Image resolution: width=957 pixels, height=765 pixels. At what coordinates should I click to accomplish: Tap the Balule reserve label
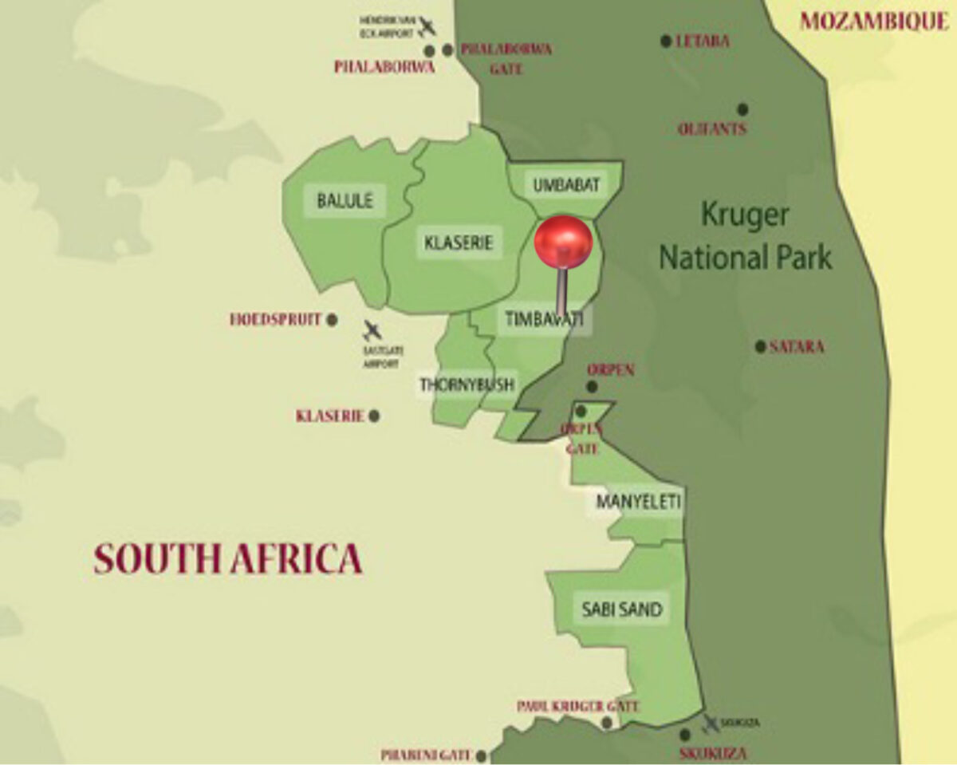[x=345, y=201]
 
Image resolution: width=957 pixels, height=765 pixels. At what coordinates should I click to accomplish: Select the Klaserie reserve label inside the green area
[x=459, y=243]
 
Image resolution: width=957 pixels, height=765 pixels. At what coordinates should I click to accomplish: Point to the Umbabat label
[x=565, y=185]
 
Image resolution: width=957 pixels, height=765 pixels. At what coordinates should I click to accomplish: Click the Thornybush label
[x=467, y=384]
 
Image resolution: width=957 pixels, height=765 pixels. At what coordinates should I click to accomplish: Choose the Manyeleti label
[x=638, y=502]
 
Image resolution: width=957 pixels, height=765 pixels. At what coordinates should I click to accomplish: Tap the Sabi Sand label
[x=622, y=610]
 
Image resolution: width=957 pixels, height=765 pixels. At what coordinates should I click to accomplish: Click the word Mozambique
[x=874, y=22]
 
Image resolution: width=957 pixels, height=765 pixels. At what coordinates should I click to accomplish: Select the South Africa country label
[x=228, y=559]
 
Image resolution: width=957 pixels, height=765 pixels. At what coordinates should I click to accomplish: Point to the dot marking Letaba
[x=666, y=41]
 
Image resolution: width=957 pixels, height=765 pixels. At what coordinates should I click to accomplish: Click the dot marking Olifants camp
[x=742, y=108]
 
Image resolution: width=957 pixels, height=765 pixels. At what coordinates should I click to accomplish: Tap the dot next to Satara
[x=760, y=346]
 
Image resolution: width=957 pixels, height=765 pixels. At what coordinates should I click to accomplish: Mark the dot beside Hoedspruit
[x=332, y=320]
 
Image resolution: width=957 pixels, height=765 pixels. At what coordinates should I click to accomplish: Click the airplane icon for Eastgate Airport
[x=372, y=330]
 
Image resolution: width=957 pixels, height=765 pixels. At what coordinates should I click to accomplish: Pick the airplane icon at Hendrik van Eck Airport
[x=427, y=26]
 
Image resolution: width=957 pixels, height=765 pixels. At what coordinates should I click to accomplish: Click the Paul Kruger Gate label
[x=578, y=706]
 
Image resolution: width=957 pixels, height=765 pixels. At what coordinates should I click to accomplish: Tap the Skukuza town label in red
[x=713, y=754]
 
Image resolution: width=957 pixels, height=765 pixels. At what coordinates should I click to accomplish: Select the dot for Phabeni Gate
[x=481, y=755]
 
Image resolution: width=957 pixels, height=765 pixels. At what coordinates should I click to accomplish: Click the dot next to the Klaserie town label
[x=374, y=416]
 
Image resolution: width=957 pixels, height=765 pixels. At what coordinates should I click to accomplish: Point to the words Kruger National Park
[x=745, y=236]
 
